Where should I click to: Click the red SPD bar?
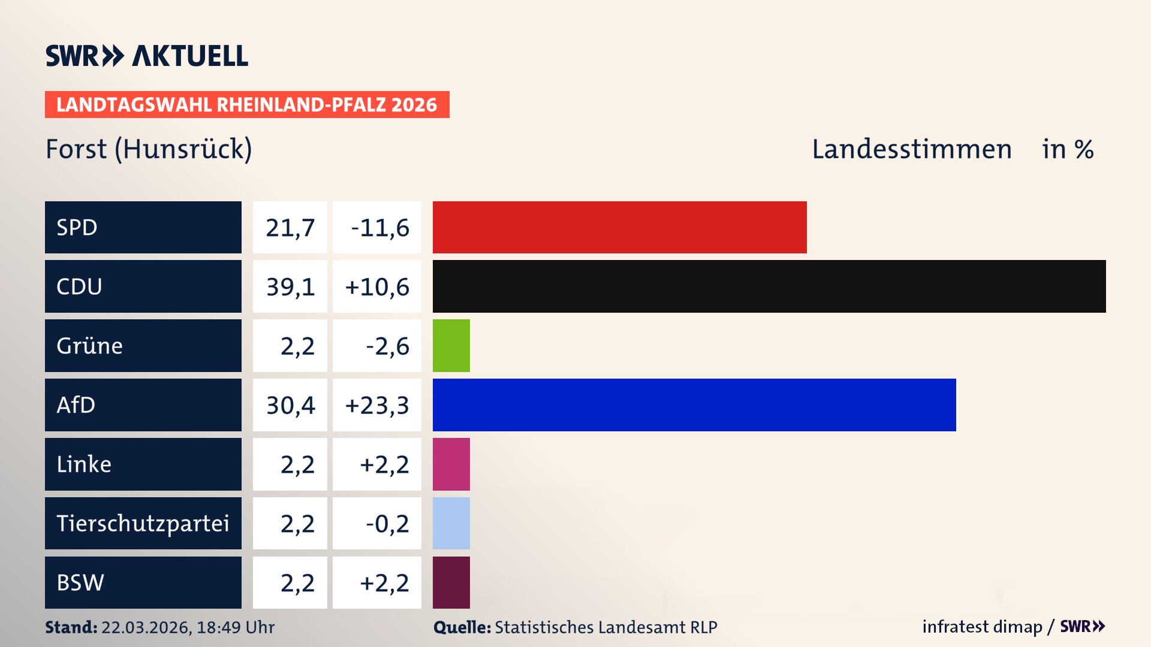(x=619, y=227)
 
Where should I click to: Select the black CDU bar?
(x=769, y=286)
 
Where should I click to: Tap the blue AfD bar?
(x=694, y=405)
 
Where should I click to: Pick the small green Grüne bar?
(x=451, y=346)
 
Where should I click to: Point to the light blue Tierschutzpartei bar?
(x=451, y=523)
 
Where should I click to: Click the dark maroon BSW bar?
(x=451, y=582)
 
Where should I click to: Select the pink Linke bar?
(x=451, y=464)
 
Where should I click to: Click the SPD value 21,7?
(x=290, y=228)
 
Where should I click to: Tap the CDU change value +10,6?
(x=377, y=287)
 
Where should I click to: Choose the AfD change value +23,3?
(x=377, y=406)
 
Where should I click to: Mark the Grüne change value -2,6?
(x=387, y=346)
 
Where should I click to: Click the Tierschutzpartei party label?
(x=143, y=523)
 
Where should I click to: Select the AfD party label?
(x=76, y=405)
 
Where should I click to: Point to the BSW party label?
(x=80, y=582)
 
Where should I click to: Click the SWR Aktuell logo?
(x=146, y=56)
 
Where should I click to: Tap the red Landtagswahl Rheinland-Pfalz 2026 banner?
(x=247, y=105)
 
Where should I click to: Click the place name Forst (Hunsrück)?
(x=149, y=149)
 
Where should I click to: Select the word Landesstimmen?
(x=912, y=149)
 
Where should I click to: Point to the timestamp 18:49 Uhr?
(x=236, y=627)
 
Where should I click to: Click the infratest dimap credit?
(x=982, y=627)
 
